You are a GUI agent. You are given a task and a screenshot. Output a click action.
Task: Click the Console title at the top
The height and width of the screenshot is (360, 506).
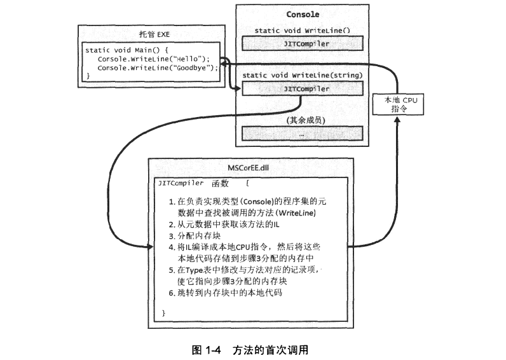click(303, 15)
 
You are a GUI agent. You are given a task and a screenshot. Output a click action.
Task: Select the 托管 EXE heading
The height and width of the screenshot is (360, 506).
click(154, 34)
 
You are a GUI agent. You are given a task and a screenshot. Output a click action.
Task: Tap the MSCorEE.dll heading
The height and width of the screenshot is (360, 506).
click(248, 168)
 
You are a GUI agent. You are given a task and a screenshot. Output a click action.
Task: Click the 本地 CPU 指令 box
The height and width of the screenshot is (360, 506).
click(398, 104)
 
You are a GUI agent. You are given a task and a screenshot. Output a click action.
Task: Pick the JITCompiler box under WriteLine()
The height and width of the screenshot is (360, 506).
click(303, 44)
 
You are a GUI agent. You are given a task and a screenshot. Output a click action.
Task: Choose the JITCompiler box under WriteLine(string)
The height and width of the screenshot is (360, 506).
click(303, 88)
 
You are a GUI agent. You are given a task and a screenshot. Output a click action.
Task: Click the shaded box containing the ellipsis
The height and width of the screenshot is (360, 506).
click(303, 134)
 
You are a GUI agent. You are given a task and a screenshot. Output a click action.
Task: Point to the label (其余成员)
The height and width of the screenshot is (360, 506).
click(306, 120)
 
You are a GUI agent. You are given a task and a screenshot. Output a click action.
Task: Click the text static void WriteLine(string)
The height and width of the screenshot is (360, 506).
click(303, 75)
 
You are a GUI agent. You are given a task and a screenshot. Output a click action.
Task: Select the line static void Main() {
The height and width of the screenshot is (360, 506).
click(127, 50)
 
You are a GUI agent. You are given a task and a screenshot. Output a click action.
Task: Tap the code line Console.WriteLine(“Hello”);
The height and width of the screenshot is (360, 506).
click(154, 59)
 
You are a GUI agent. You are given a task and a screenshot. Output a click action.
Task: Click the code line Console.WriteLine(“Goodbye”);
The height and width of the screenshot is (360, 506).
click(158, 68)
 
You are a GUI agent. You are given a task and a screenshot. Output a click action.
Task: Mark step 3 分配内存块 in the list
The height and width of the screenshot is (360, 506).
click(195, 236)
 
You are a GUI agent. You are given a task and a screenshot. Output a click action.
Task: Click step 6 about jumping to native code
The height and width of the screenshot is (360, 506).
click(226, 293)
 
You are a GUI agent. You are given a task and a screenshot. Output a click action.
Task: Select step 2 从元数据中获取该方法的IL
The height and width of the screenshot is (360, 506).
click(224, 225)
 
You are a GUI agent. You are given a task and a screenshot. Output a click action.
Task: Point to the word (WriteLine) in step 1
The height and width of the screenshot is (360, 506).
click(297, 213)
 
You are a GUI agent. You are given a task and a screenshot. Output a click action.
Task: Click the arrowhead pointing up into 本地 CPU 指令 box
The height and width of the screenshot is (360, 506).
click(397, 119)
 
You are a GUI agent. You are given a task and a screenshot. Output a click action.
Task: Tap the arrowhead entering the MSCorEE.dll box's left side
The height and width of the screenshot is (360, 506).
click(151, 247)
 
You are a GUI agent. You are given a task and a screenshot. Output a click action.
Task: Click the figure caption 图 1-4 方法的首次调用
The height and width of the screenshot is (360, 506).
click(250, 350)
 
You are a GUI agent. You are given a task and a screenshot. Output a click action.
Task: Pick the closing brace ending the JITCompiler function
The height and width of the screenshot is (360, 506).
click(163, 313)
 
